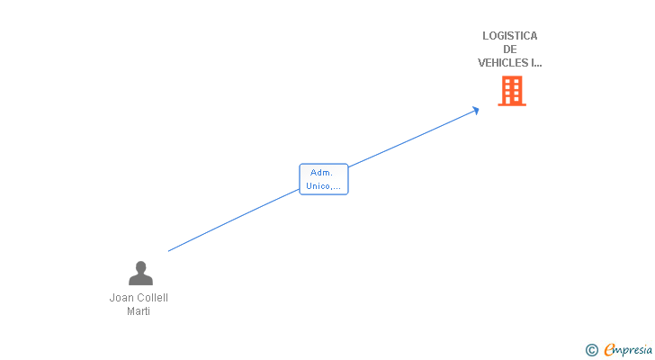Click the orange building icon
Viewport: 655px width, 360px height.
(511, 91)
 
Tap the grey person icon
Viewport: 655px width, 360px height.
(140, 273)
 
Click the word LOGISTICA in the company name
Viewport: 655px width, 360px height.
(509, 36)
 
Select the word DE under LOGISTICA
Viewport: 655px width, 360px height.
(510, 49)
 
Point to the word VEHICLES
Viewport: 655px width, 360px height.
(503, 63)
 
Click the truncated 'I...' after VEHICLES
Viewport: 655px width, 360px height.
(537, 63)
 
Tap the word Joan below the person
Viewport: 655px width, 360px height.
(121, 298)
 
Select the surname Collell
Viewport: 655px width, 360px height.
(153, 298)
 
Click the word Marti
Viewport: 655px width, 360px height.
(139, 311)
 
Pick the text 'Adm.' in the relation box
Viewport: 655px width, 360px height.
(321, 173)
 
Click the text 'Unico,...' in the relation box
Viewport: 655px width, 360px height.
(323, 186)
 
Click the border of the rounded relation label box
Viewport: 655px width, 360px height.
(301, 179)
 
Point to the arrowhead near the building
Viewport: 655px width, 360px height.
(476, 111)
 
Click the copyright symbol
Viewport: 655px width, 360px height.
(591, 350)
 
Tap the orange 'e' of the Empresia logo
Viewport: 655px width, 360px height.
(609, 349)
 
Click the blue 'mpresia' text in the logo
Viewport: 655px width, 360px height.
(633, 349)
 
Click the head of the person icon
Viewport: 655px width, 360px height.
(140, 266)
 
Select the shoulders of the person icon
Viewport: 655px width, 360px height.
(140, 279)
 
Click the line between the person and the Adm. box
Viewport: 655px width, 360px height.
(234, 220)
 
